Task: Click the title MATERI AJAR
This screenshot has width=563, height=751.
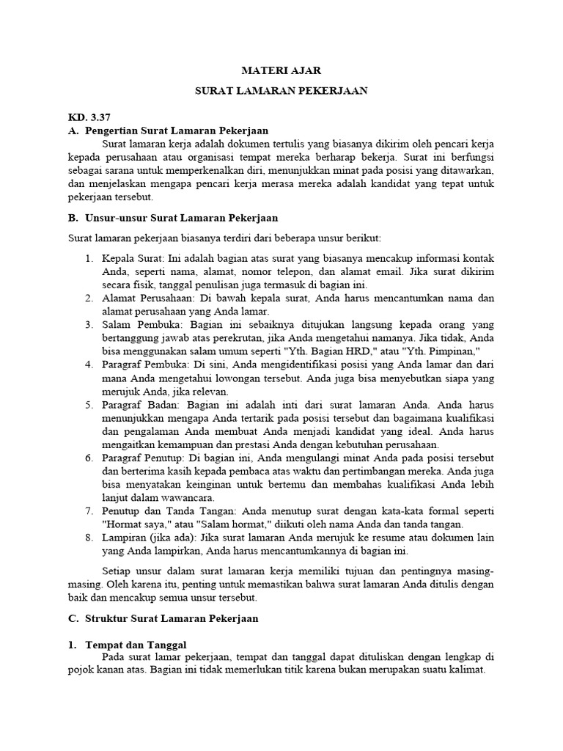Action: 281,70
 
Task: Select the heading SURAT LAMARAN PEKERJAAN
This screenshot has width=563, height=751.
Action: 281,90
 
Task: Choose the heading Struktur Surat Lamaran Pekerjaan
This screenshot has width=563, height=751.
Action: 172,618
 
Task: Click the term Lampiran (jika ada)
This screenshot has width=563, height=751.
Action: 150,538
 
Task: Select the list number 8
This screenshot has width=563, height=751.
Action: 87,538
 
